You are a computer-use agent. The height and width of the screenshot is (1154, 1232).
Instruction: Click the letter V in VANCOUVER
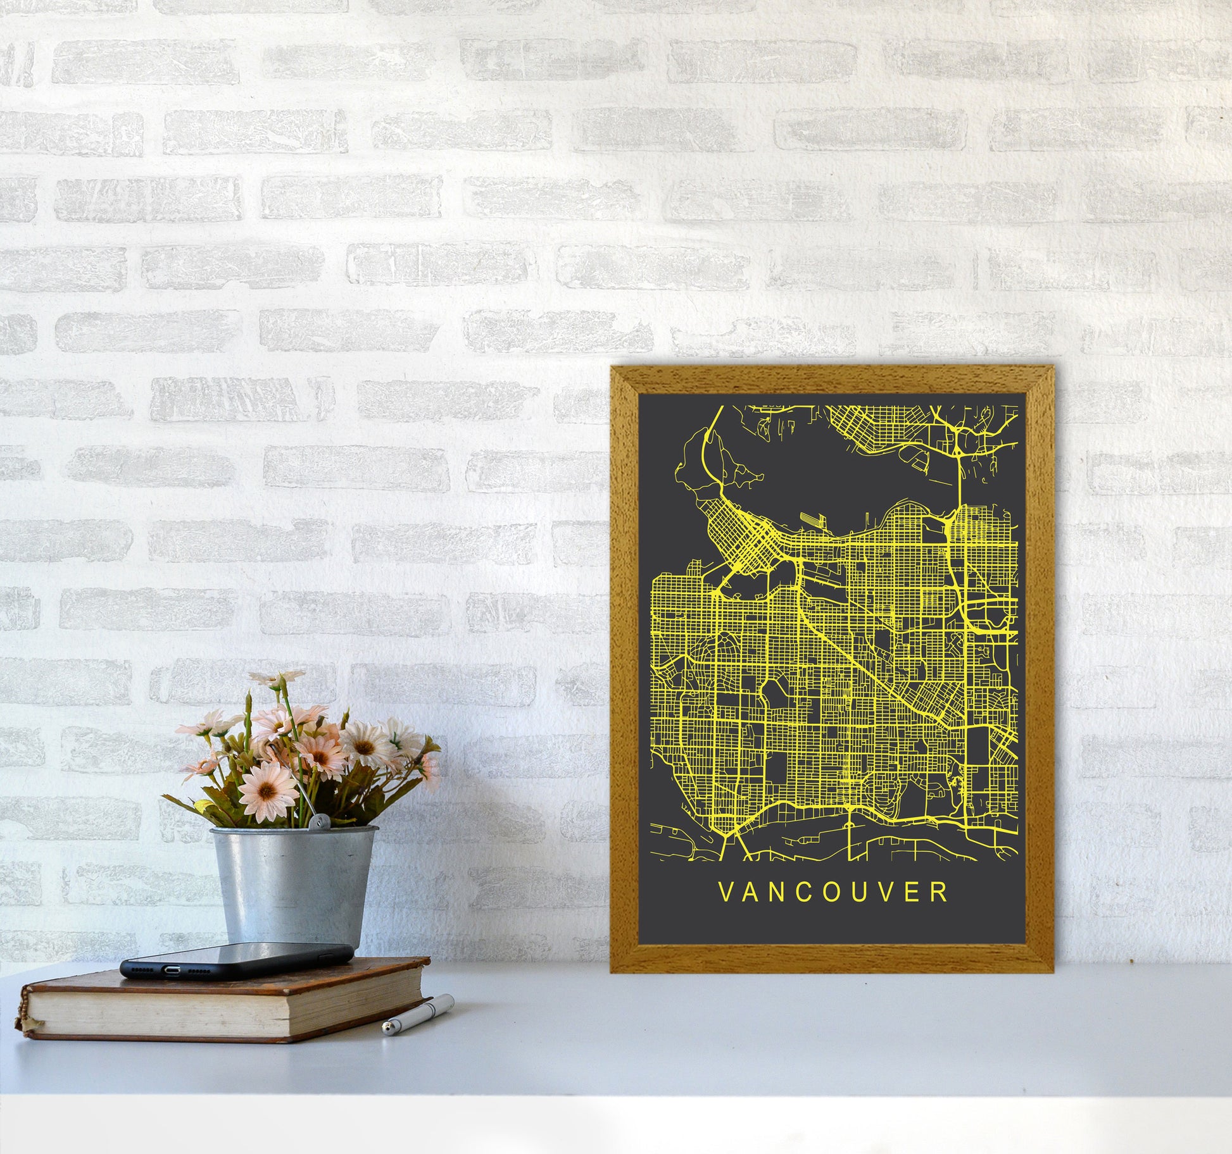pos(725,893)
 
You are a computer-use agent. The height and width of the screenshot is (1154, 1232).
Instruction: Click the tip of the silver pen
pos(385,1031)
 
